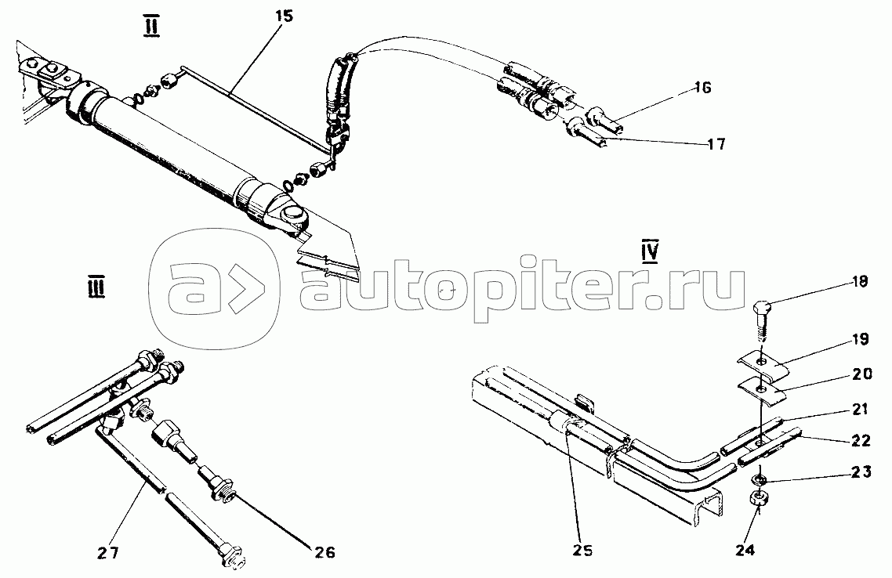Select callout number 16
click(702, 89)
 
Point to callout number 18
click(859, 283)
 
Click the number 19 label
click(860, 341)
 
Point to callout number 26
click(324, 553)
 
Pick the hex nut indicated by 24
click(757, 497)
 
